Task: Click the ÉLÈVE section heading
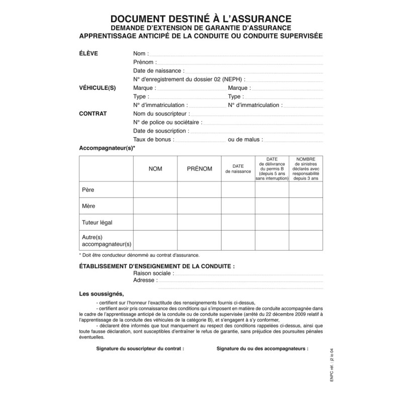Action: tap(88, 53)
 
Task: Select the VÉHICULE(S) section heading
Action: tap(97, 88)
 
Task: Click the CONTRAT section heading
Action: tap(93, 114)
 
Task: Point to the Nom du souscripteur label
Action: tap(161, 114)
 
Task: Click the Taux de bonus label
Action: tap(153, 139)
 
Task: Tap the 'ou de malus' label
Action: tap(245, 139)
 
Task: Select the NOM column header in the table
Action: tap(155, 169)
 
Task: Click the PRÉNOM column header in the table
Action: tap(199, 169)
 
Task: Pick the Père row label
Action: tap(87, 190)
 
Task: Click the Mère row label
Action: tap(88, 206)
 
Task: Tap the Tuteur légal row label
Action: tap(97, 222)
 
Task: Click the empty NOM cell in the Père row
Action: tap(155, 190)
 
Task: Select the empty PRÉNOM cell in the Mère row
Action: tap(199, 206)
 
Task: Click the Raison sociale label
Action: tap(153, 273)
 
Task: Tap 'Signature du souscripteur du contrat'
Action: tap(140, 348)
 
